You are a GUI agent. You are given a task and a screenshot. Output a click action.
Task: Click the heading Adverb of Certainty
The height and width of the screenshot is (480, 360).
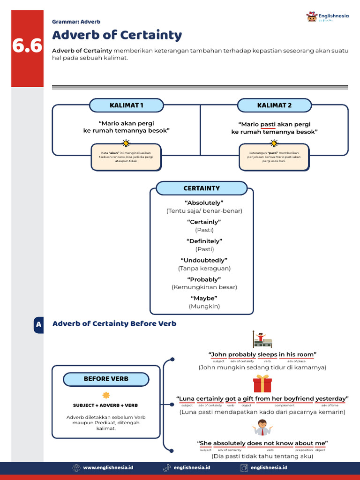pyautogui.click(x=117, y=35)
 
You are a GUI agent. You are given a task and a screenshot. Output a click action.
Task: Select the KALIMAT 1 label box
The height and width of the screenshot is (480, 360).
pyautogui.click(x=127, y=105)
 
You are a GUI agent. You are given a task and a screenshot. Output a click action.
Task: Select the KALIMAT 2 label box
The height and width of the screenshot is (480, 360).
pyautogui.click(x=274, y=105)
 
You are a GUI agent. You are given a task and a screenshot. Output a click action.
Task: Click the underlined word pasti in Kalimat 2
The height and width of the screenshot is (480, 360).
pyautogui.click(x=268, y=124)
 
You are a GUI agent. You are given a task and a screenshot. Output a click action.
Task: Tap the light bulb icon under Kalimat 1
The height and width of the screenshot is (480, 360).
pyautogui.click(x=126, y=143)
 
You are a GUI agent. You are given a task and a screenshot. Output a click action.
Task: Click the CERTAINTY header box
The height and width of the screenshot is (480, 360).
pyautogui.click(x=202, y=188)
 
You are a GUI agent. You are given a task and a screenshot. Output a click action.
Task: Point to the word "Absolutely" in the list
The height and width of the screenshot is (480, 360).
pyautogui.click(x=204, y=202)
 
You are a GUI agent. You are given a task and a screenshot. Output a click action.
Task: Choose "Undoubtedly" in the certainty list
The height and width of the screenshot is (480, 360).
pyautogui.click(x=204, y=260)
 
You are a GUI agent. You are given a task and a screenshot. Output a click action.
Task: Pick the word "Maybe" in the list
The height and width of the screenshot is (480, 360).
pyautogui.click(x=204, y=298)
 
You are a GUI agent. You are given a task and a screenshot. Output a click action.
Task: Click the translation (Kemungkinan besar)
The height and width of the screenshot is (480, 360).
pyautogui.click(x=204, y=287)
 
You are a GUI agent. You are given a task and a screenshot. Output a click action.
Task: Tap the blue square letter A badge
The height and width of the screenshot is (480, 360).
pyautogui.click(x=38, y=324)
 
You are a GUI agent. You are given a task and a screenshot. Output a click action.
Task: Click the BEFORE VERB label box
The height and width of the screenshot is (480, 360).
pyautogui.click(x=106, y=379)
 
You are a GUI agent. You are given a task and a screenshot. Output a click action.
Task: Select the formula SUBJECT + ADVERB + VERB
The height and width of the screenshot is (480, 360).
pyautogui.click(x=105, y=405)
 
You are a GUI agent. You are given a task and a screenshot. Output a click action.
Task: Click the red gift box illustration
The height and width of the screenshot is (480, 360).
pyautogui.click(x=262, y=384)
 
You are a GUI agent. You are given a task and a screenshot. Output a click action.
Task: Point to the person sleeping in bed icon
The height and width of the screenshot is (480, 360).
pyautogui.click(x=262, y=339)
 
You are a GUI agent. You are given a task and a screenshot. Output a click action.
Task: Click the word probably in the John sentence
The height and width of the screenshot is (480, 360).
pyautogui.click(x=242, y=354)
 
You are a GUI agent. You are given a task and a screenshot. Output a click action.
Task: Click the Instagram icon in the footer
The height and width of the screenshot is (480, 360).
pyautogui.click(x=244, y=467)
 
